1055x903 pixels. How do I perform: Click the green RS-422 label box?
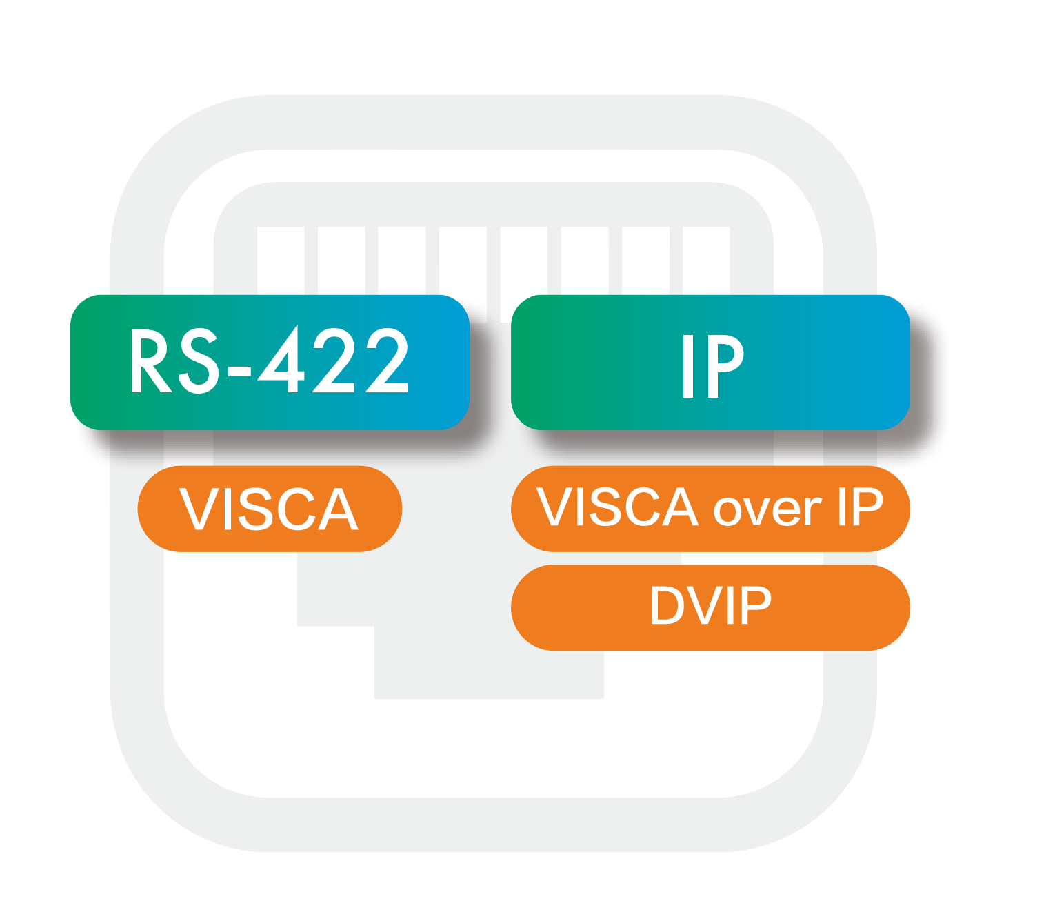point(270,362)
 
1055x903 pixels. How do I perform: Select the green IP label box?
point(710,362)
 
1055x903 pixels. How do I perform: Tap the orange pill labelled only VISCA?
point(270,509)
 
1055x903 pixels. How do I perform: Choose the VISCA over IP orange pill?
point(710,509)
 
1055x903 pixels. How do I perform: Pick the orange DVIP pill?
point(710,607)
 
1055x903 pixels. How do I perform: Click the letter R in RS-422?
point(150,361)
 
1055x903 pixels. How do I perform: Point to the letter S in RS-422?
point(198,361)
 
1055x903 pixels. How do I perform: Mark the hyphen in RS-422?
point(239,372)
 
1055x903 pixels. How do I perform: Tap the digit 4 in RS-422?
point(281,358)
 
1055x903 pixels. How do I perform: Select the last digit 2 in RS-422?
point(386,360)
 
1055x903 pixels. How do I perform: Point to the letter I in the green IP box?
point(688,366)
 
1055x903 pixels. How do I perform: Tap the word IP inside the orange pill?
point(861,506)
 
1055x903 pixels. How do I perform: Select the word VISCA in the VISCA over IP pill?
point(617,506)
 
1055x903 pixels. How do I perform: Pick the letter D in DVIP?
point(667,605)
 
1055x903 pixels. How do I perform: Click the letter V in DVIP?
point(704,605)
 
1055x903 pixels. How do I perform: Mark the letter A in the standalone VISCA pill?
point(339,509)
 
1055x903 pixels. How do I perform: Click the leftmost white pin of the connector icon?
point(281,260)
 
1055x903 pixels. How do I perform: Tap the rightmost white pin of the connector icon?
point(706,260)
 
